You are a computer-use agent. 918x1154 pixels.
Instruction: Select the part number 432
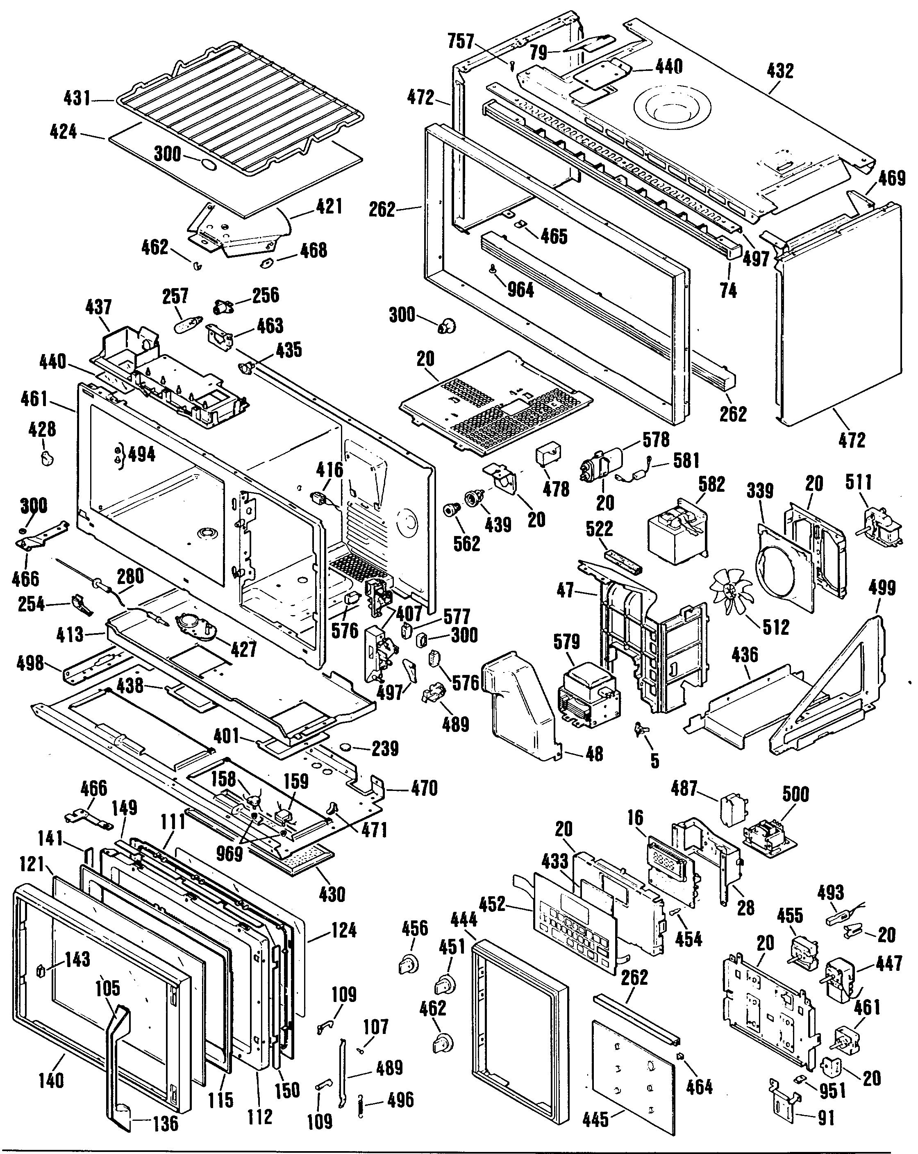point(780,70)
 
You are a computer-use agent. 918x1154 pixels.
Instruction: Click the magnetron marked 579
point(589,695)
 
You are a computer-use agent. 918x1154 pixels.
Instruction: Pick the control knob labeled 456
point(409,964)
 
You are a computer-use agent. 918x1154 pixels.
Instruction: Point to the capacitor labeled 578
point(602,465)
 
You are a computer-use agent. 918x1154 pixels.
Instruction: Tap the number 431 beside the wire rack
point(77,98)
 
